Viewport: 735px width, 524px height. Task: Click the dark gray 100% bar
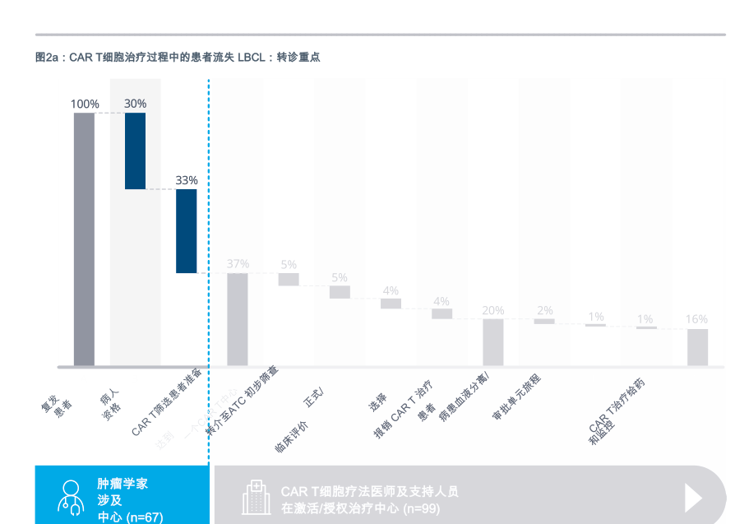click(x=84, y=239)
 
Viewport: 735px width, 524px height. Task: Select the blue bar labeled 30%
click(x=135, y=151)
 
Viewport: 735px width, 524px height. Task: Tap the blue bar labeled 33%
click(x=186, y=230)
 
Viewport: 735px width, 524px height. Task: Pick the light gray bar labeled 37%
click(x=238, y=318)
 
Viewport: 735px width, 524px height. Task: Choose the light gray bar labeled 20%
click(x=492, y=341)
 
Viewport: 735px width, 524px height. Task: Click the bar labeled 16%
click(x=697, y=346)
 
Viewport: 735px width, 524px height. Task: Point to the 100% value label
click(x=84, y=104)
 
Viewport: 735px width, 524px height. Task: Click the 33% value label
click(x=187, y=180)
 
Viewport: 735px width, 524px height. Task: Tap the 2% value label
click(x=544, y=310)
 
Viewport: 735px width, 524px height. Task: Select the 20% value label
click(x=492, y=310)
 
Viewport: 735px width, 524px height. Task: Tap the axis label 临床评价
click(x=291, y=437)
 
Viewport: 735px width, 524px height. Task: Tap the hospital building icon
click(x=255, y=498)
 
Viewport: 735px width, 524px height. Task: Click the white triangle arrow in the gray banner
click(x=693, y=497)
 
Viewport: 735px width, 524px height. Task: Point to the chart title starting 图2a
click(x=178, y=58)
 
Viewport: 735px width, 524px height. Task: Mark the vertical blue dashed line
click(x=209, y=247)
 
